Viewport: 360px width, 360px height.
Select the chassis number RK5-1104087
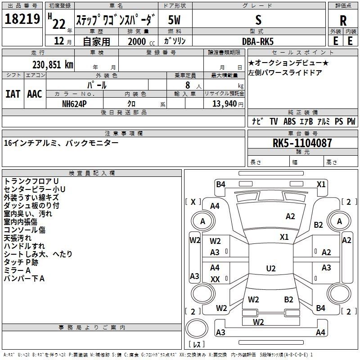(x=302, y=143)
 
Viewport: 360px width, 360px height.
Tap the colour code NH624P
(x=75, y=103)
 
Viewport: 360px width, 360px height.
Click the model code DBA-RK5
(x=258, y=41)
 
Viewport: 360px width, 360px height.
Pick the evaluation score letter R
(x=343, y=20)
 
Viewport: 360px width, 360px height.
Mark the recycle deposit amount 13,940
(x=224, y=103)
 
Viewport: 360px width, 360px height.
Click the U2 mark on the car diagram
(x=270, y=269)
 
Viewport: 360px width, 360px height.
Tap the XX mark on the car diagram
(x=215, y=279)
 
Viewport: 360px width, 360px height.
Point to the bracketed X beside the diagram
(x=193, y=202)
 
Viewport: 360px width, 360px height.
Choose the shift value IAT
(x=13, y=94)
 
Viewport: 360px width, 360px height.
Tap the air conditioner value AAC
(x=35, y=94)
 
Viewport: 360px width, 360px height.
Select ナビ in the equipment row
(x=258, y=121)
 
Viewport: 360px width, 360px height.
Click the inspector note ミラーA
(x=17, y=270)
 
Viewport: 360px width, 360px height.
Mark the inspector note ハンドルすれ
(x=24, y=246)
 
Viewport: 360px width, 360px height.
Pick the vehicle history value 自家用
(x=96, y=41)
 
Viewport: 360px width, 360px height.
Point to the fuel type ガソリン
(x=175, y=41)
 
